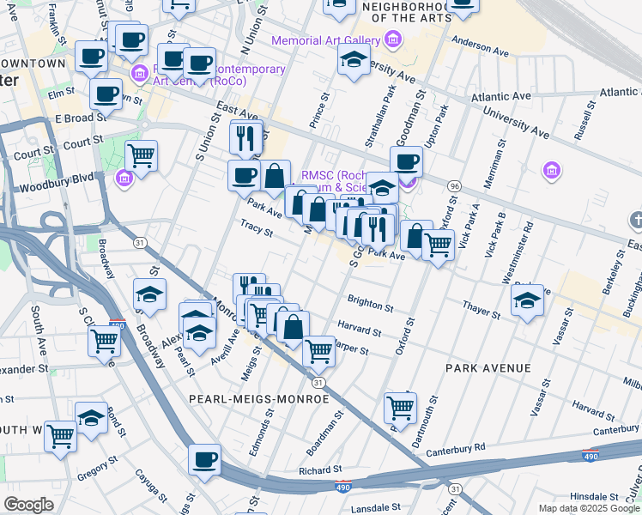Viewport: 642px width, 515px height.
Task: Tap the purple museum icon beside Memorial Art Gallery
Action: [393, 39]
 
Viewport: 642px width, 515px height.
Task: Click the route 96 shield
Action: [454, 186]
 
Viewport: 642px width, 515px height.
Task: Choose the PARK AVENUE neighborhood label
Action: [488, 368]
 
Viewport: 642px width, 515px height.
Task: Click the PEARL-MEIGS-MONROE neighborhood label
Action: [275, 399]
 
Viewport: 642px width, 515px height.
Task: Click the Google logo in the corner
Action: [29, 505]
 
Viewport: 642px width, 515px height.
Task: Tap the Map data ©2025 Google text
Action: [588, 508]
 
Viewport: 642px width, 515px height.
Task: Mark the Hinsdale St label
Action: [594, 496]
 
